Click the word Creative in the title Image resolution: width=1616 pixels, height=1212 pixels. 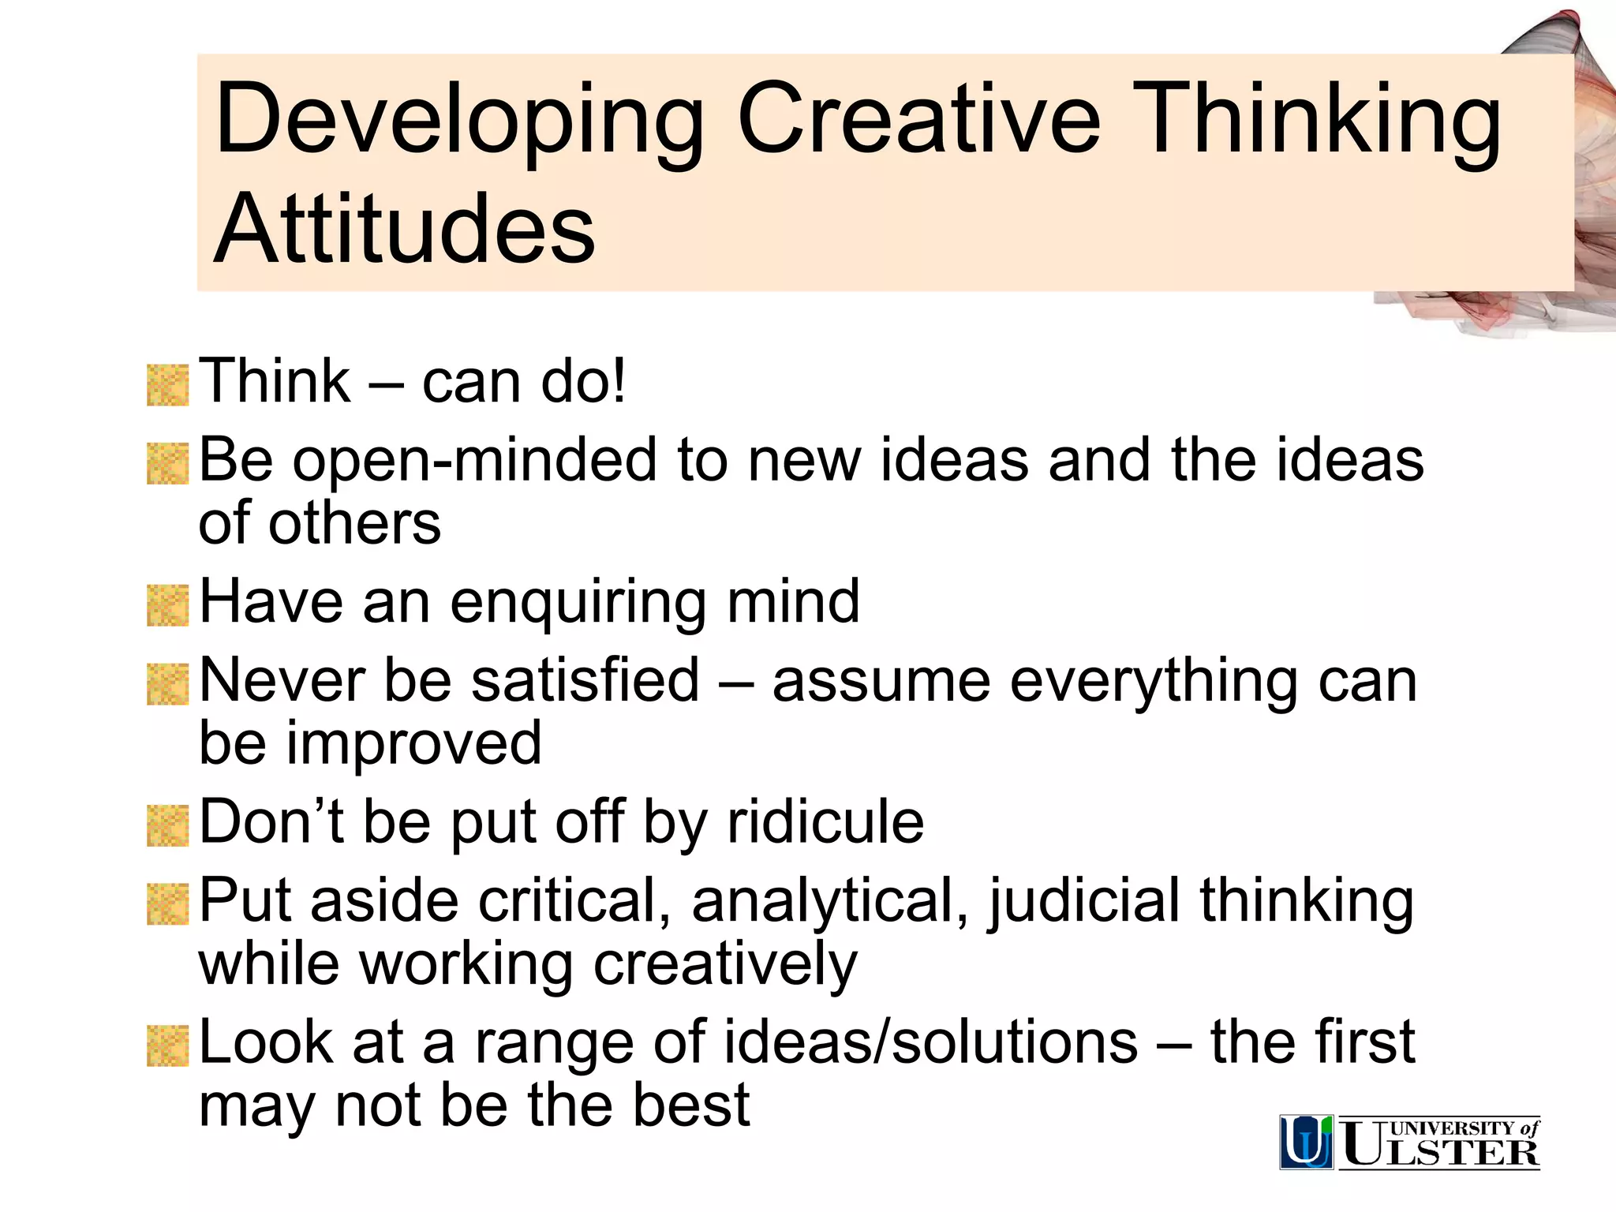click(918, 120)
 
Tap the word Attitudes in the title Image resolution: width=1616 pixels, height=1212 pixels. click(404, 230)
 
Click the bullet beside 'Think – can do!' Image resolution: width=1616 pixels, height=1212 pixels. click(167, 385)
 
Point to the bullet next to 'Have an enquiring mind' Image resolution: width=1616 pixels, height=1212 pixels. click(167, 605)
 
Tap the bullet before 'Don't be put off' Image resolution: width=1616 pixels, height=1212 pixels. click(167, 825)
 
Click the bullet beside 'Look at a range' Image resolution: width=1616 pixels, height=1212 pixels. click(167, 1046)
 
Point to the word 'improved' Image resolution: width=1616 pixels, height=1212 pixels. click(413, 743)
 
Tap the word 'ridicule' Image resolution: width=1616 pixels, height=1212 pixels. click(825, 822)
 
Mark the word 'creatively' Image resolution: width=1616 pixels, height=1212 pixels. click(724, 965)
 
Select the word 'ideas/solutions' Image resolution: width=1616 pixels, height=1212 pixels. click(931, 1042)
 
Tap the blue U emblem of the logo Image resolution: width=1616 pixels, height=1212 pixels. click(1306, 1141)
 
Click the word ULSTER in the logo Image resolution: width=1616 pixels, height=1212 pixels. click(1440, 1149)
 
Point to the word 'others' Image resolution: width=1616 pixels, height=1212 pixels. click(354, 524)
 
